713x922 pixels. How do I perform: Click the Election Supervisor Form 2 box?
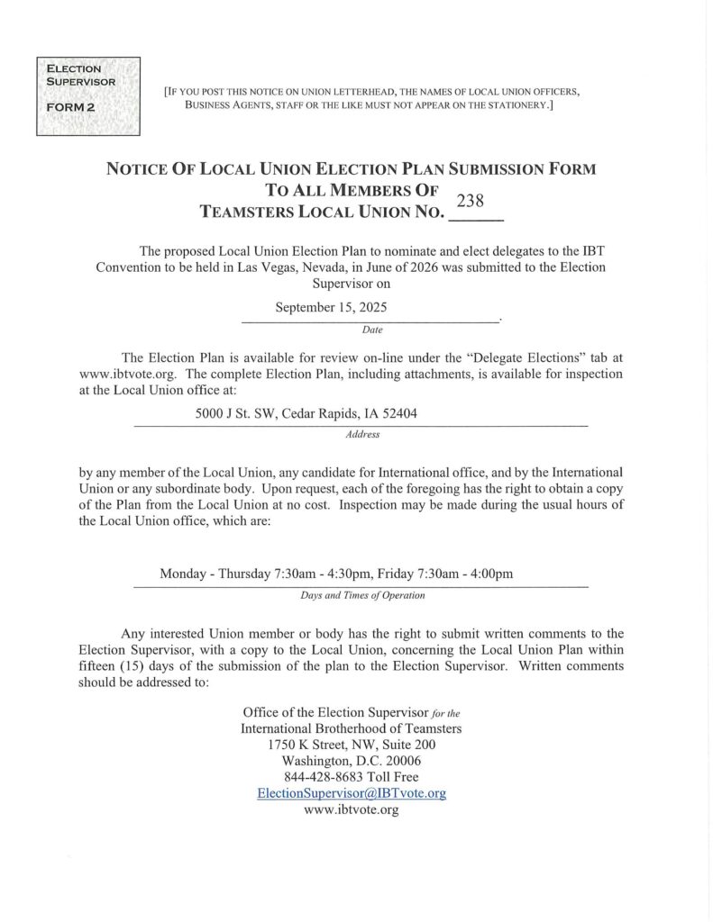tap(87, 96)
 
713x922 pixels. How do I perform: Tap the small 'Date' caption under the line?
tap(371, 330)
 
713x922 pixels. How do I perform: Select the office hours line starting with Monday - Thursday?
tap(336, 574)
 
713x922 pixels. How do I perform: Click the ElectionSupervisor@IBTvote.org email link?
tap(352, 793)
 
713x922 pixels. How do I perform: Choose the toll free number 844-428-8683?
tap(351, 777)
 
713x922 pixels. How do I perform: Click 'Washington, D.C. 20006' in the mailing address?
tap(351, 761)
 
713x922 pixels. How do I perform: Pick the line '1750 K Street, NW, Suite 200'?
tap(352, 745)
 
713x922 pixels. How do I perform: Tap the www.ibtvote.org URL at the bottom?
tap(352, 809)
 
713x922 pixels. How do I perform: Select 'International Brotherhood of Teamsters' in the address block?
tap(352, 728)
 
